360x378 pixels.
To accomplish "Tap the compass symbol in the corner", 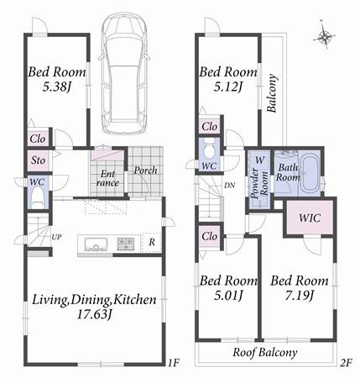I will pos(325,36).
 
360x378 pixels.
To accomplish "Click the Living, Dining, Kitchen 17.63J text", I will pos(94,307).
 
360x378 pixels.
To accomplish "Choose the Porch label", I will pos(146,170).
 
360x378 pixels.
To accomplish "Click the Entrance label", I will pos(107,176).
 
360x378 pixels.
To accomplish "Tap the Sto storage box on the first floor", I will pos(38,160).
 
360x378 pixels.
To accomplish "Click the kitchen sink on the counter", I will pos(94,244).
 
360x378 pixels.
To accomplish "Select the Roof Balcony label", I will pos(264,353).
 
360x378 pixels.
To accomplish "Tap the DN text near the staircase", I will pos(228,186).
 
